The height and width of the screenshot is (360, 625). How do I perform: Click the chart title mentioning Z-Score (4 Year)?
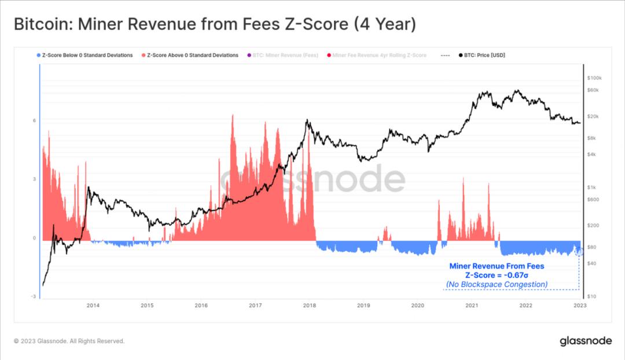[x=214, y=24]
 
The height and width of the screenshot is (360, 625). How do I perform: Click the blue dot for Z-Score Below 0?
[x=38, y=56]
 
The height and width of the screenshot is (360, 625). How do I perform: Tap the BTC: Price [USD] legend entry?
[x=484, y=56]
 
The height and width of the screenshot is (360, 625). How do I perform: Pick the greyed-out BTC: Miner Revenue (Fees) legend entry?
[x=284, y=56]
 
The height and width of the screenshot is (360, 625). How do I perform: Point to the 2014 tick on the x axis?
[x=93, y=305]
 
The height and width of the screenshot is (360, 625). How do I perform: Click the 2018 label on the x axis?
[x=309, y=305]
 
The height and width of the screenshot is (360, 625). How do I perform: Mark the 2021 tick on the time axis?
[x=472, y=305]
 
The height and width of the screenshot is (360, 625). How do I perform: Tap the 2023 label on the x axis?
[x=579, y=305]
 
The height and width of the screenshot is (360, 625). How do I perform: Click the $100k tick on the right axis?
[x=594, y=78]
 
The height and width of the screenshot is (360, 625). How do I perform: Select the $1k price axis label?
[x=591, y=188]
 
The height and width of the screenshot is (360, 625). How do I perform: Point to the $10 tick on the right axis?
[x=591, y=296]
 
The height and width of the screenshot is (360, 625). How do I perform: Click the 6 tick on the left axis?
[x=34, y=120]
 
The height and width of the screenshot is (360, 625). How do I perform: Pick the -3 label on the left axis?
[x=34, y=296]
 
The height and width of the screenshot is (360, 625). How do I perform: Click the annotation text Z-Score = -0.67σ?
[x=497, y=275]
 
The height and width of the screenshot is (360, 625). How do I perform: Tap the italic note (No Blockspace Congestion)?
[x=497, y=284]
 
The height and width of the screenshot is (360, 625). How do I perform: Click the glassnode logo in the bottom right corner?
[x=585, y=341]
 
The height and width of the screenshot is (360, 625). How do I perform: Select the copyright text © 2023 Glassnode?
[x=69, y=341]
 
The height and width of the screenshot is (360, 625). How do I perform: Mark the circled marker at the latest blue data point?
[x=579, y=251]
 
